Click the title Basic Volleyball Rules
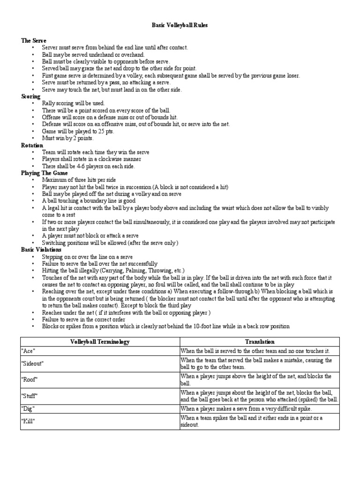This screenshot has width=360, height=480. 180,25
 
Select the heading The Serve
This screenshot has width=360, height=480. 34,41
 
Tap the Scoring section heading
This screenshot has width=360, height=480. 31,96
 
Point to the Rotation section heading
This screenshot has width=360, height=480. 32,145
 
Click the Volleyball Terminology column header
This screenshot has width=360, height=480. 100,342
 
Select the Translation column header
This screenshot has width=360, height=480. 259,342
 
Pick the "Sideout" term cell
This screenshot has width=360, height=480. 32,363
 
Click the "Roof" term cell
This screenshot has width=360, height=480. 30,380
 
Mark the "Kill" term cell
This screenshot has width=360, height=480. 29,421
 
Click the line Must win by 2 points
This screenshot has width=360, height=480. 68,138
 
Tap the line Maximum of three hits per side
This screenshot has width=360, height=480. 79,180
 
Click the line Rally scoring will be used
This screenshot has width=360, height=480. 73,103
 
